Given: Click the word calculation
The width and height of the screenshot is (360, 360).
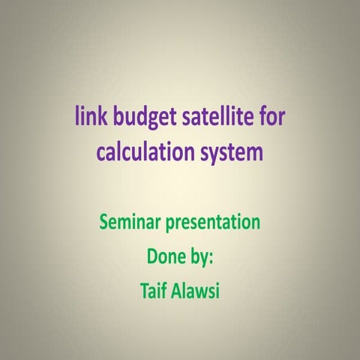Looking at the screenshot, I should point(144,153).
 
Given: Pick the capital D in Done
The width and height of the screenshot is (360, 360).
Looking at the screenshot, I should point(151,256).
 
